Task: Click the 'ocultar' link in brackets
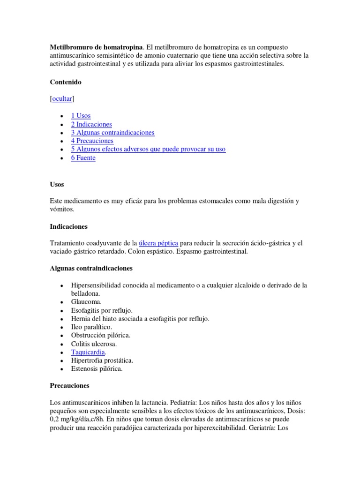point(62,99)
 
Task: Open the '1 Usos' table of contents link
point(81,116)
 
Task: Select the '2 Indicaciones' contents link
point(91,124)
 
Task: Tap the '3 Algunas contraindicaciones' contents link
point(112,133)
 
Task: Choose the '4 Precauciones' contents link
point(92,141)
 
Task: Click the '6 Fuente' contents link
point(83,158)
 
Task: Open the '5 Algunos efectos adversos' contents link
point(148,149)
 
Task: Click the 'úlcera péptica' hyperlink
point(158,243)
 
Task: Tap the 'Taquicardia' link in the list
point(88,352)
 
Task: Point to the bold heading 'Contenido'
point(66,82)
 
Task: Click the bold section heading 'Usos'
point(57,184)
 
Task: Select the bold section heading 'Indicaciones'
point(69,226)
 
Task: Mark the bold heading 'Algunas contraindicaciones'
point(91,269)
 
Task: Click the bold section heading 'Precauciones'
point(69,386)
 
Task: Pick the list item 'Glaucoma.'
point(86,302)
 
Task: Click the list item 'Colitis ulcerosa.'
point(94,344)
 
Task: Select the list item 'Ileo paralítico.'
point(91,327)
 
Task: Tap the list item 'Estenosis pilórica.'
point(97,369)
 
